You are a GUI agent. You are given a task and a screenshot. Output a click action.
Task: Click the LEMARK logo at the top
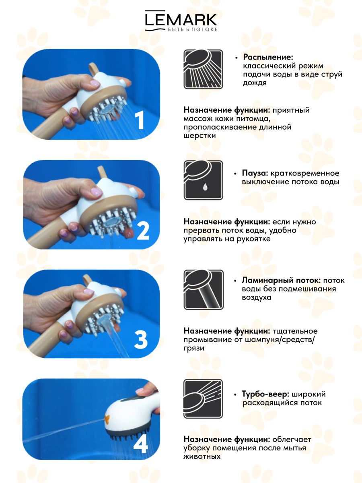pyautogui.click(x=181, y=21)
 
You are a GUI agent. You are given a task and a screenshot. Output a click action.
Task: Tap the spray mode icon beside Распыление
pyautogui.click(x=203, y=69)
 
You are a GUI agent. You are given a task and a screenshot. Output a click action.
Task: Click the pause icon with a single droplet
pyautogui.click(x=203, y=180)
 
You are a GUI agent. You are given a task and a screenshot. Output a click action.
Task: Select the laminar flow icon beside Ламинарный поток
pyautogui.click(x=204, y=289)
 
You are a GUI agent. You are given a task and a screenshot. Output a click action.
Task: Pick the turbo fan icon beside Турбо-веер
pyautogui.click(x=203, y=399)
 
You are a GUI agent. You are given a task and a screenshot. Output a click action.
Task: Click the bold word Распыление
pyautogui.click(x=268, y=57)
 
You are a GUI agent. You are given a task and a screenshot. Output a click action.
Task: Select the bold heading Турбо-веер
pyautogui.click(x=265, y=394)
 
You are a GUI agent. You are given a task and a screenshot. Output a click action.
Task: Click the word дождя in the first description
pyautogui.click(x=255, y=83)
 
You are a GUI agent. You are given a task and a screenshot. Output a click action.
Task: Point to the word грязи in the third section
pyautogui.click(x=193, y=348)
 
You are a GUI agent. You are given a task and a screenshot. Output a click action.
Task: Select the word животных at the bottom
pyautogui.click(x=202, y=456)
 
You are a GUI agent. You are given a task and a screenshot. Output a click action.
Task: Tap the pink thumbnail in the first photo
pyautogui.click(x=95, y=83)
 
